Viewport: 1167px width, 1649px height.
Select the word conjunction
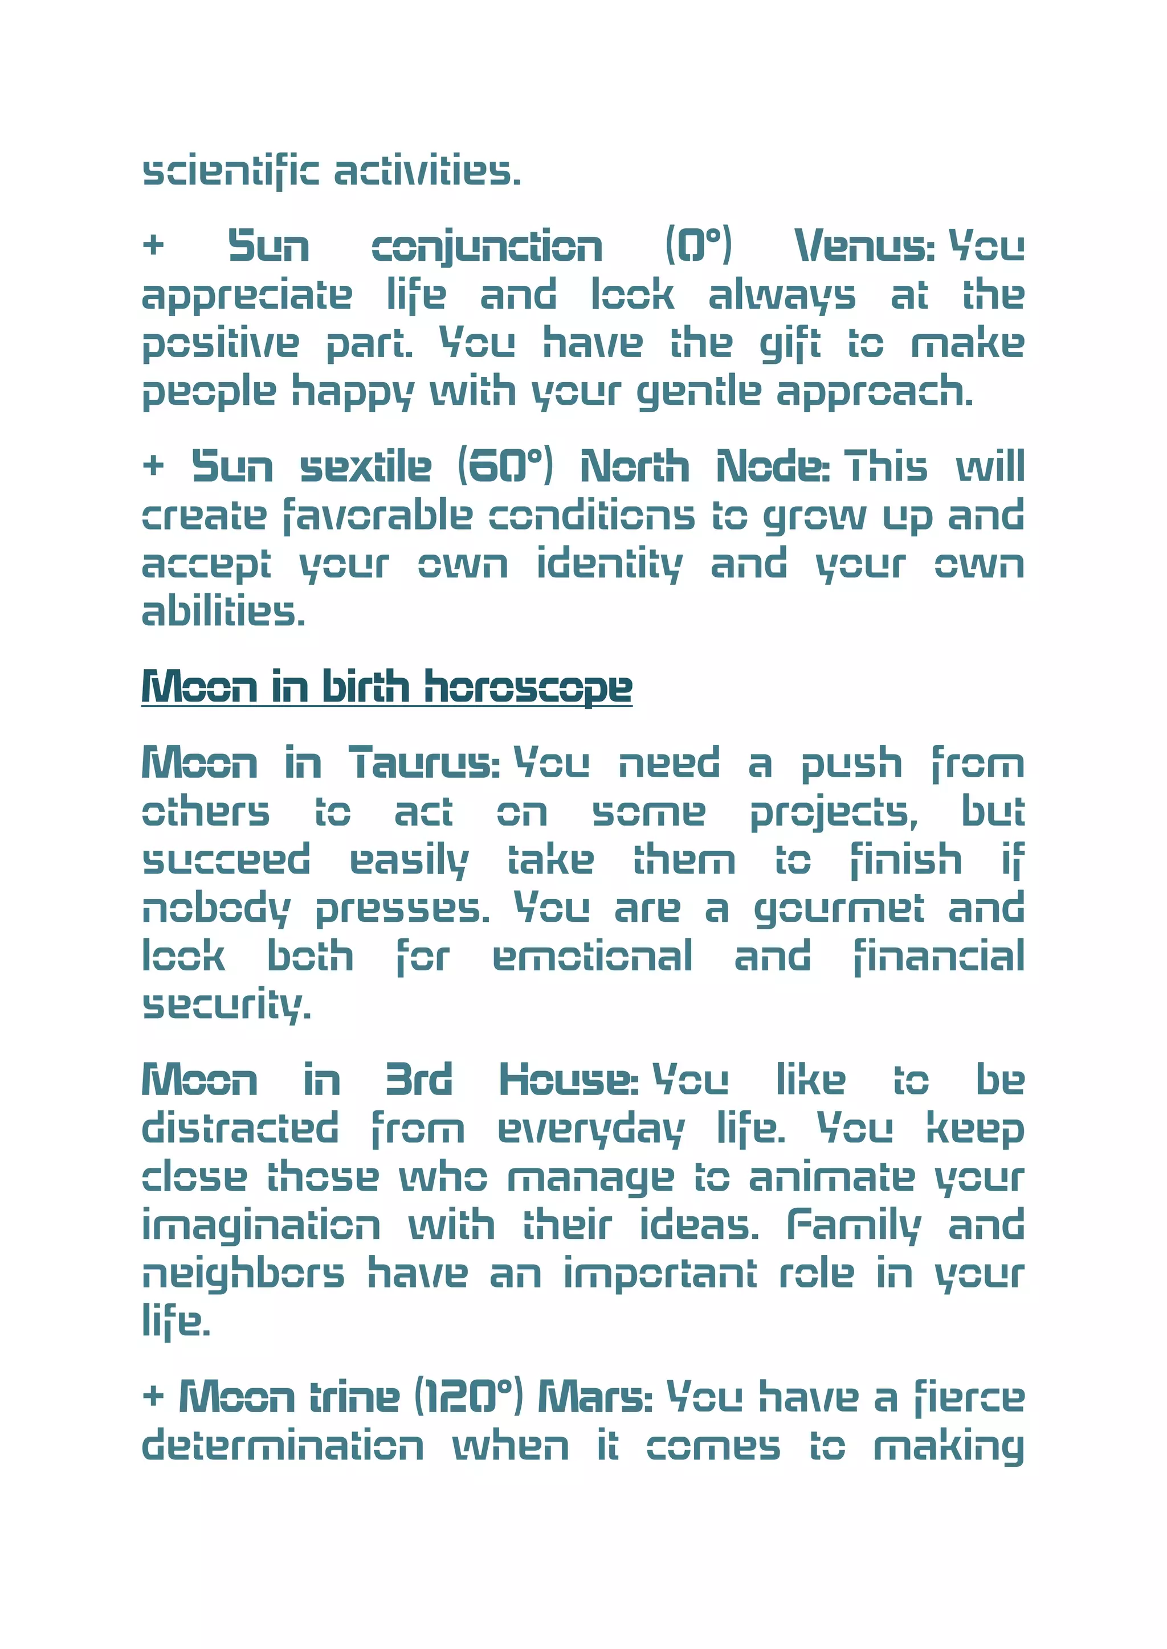tap(487, 247)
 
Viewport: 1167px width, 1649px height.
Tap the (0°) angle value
tap(698, 245)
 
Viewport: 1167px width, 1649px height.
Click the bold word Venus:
tap(864, 247)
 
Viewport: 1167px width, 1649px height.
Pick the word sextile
tap(365, 467)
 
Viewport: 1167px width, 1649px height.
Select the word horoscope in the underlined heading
tap(528, 687)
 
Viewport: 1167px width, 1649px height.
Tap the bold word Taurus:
tap(424, 763)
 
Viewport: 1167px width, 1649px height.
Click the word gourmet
tap(838, 910)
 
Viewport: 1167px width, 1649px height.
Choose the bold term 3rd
tap(418, 1080)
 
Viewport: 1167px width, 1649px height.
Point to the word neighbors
tap(243, 1275)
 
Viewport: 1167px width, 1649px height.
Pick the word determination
tap(283, 1446)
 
